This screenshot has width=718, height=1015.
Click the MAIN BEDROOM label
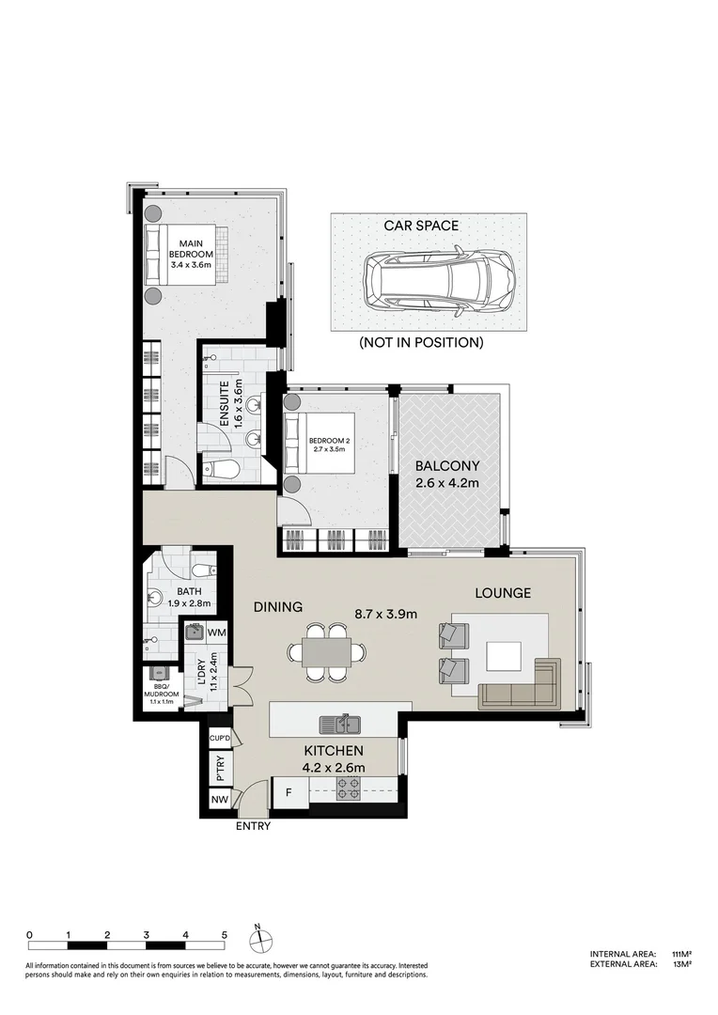pos(191,254)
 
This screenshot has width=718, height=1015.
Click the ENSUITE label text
pos(226,414)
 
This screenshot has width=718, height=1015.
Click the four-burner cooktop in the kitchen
pos(350,789)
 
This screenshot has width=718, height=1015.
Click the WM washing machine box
pos(215,632)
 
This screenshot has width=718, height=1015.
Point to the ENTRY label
pos(254,826)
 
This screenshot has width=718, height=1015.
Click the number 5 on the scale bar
pos(225,935)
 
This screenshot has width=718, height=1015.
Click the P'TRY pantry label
pos(220,770)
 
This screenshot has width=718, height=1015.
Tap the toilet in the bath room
pos(200,570)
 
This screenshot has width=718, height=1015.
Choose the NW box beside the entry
pos(219,801)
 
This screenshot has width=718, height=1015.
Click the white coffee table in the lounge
pos(505,655)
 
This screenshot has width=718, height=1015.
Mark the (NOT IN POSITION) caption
pos(421,343)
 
